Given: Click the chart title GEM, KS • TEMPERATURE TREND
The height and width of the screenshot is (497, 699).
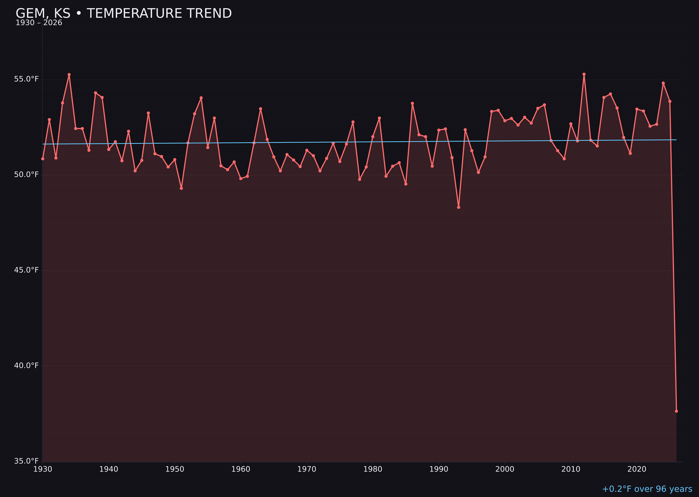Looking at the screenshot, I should pos(124,13).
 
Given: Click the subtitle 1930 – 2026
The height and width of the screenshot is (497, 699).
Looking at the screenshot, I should pos(39,23).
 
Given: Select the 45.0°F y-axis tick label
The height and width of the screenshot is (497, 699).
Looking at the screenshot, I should pos(26,270).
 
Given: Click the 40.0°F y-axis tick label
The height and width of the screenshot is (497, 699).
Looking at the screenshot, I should pos(26,366).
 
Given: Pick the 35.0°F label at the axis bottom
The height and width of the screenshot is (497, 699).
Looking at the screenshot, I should pos(26,461).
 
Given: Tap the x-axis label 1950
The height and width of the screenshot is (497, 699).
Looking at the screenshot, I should pos(175,469).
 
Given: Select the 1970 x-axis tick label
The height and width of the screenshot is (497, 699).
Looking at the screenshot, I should pos(307,469).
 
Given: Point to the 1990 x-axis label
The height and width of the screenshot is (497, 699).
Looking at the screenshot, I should pos(439,469).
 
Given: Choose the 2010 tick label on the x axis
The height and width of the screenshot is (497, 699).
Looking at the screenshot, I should pos(571,469).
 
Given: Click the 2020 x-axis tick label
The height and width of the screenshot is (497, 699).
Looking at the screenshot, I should pos(637,469).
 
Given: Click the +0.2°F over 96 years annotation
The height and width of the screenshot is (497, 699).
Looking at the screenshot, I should pos(647,489).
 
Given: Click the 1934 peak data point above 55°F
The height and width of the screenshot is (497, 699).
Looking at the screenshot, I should pos(69,75).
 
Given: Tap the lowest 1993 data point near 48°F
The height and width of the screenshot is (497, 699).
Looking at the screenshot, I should pos(458,207).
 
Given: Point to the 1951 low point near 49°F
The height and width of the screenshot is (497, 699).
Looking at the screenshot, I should pos(181,188).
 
